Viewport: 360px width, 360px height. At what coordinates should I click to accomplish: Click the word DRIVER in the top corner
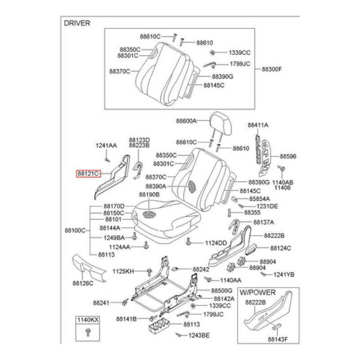pyautogui.click(x=77, y=23)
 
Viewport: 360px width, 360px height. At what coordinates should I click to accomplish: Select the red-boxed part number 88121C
pyautogui.click(x=88, y=174)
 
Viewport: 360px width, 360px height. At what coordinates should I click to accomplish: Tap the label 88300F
pyautogui.click(x=272, y=69)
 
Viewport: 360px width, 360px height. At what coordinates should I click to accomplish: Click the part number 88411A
pyautogui.click(x=258, y=125)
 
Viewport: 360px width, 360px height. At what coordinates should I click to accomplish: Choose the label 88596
pyautogui.click(x=288, y=156)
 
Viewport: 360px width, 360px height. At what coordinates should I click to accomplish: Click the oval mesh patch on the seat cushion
pyautogui.click(x=149, y=215)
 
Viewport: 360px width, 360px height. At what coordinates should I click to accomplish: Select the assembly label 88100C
pyautogui.click(x=75, y=230)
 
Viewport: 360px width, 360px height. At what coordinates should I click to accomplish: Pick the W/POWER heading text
pyautogui.click(x=257, y=292)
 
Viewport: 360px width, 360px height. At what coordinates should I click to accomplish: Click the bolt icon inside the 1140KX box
pyautogui.click(x=88, y=332)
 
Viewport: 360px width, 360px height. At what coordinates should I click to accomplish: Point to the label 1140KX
pyautogui.click(x=88, y=320)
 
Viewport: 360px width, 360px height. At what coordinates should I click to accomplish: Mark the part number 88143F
pyautogui.click(x=278, y=339)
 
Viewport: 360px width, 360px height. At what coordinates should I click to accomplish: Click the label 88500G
pyautogui.click(x=222, y=291)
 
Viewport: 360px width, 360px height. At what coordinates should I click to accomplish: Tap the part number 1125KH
pyautogui.click(x=123, y=272)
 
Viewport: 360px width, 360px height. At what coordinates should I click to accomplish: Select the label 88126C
pyautogui.click(x=83, y=283)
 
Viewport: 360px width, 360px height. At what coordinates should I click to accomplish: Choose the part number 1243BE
pyautogui.click(x=199, y=335)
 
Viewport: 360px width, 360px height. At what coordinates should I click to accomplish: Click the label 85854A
pyautogui.click(x=260, y=198)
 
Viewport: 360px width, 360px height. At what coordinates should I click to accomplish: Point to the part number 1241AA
pyautogui.click(x=106, y=145)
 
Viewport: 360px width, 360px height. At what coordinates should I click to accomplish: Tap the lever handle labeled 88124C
pyautogui.click(x=251, y=249)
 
